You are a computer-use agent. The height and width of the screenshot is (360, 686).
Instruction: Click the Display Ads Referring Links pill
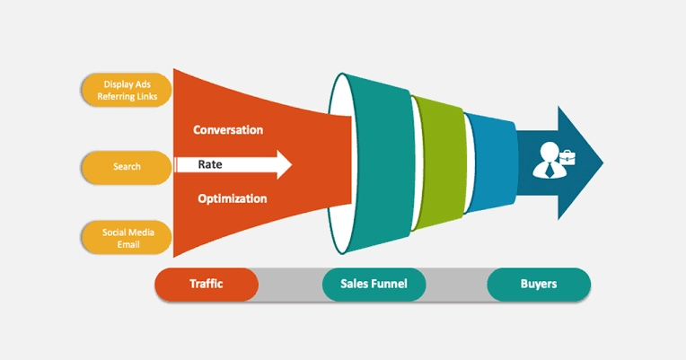(x=127, y=90)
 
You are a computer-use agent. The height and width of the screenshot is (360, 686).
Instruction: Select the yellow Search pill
(x=127, y=167)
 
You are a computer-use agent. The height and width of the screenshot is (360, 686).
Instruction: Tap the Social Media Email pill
(x=127, y=238)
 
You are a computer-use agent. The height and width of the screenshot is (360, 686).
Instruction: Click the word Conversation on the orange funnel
(x=228, y=130)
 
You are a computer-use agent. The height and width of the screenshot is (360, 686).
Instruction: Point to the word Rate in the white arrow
(x=210, y=164)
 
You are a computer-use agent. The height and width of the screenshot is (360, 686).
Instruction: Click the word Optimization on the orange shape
(x=233, y=199)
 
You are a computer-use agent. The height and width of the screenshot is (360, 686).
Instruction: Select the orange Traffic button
(x=207, y=285)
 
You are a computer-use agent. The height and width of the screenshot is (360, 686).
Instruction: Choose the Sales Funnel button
(x=374, y=285)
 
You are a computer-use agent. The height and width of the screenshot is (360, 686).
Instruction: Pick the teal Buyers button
(x=539, y=285)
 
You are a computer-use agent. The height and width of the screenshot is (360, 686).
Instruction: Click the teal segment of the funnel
(x=381, y=164)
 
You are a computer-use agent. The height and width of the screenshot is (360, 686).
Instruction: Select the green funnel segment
(x=440, y=162)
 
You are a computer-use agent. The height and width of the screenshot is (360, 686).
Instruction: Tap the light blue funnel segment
(x=492, y=162)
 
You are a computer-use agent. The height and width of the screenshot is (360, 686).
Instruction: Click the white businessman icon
(x=550, y=160)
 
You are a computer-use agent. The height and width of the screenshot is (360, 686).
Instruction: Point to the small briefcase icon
(x=567, y=157)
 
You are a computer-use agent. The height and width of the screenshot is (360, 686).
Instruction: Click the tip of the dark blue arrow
(x=603, y=162)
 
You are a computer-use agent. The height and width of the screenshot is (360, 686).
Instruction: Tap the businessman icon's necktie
(x=549, y=170)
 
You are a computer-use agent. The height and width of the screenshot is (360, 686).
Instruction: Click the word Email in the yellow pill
(x=128, y=244)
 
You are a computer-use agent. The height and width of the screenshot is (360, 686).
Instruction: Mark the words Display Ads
(x=127, y=84)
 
